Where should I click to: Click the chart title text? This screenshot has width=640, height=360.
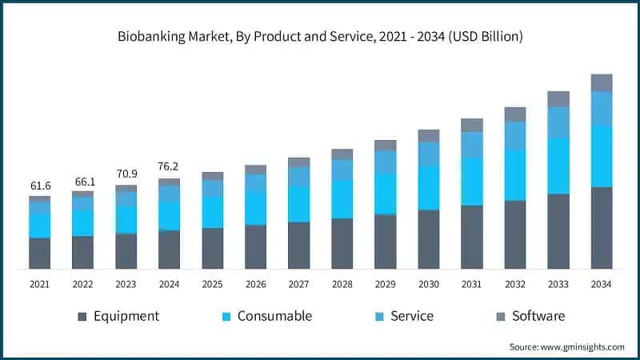click(x=320, y=36)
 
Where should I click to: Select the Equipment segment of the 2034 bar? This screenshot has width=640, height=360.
click(x=602, y=228)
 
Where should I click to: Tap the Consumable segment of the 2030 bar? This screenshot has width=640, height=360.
click(x=429, y=188)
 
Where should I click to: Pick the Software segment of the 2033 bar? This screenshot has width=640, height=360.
click(x=558, y=99)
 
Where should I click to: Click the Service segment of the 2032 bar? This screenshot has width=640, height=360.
click(x=515, y=136)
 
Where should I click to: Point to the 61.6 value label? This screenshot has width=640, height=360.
click(x=40, y=186)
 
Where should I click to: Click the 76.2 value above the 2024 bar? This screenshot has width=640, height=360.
click(x=169, y=167)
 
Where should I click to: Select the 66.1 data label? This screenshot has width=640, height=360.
click(x=83, y=182)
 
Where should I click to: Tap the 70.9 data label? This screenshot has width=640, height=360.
click(x=126, y=174)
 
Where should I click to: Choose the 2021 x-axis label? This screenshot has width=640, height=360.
click(x=40, y=284)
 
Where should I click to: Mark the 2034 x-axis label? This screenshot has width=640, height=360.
click(x=602, y=284)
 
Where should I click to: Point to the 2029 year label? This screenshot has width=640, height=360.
click(x=386, y=284)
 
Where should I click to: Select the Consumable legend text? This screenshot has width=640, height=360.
click(x=274, y=316)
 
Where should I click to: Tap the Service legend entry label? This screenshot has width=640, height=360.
click(x=411, y=316)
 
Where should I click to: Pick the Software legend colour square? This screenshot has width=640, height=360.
click(x=500, y=317)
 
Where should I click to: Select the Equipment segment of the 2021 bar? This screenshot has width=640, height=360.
click(x=40, y=253)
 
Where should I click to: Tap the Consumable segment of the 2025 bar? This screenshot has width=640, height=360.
click(x=213, y=212)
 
